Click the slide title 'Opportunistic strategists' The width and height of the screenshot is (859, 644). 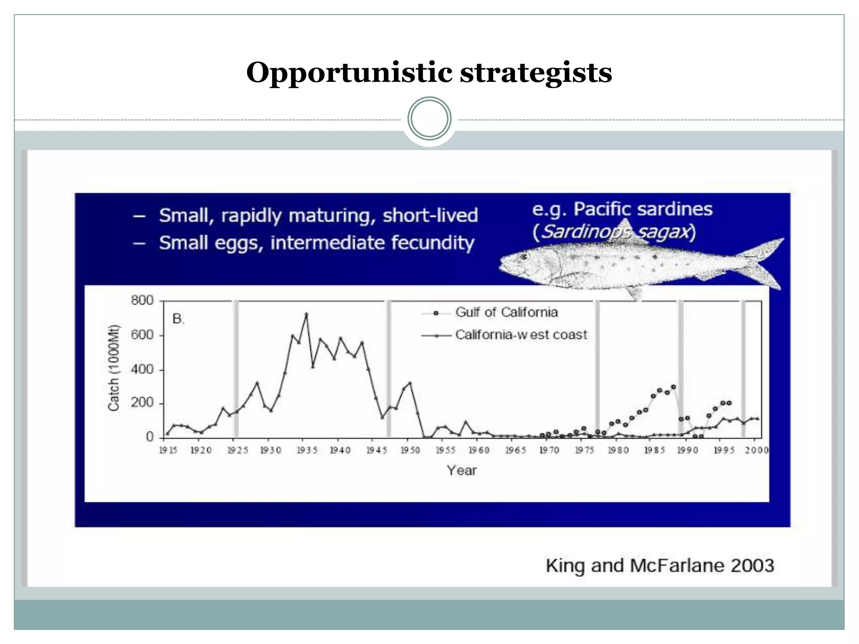pos(429,72)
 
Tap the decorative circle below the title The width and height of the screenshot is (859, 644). pos(429,119)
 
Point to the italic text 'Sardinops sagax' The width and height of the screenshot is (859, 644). pos(615,231)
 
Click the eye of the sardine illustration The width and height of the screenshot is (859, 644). pos(523,256)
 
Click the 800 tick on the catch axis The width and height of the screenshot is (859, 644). pos(143,301)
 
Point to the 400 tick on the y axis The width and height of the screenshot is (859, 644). pos(143,369)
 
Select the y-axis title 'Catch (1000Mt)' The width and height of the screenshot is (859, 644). pos(114,368)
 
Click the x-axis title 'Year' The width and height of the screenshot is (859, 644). pos(461,470)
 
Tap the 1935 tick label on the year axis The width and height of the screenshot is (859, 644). pos(307,450)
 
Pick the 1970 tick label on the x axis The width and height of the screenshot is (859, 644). pos(549,450)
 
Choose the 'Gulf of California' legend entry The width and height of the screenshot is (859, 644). pos(506,312)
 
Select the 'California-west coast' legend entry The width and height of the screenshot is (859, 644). pos(521,335)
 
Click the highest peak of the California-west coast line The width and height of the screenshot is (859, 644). pos(306,314)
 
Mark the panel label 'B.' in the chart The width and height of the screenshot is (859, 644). pos(178,319)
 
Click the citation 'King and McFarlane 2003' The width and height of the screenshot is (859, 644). pos(659,566)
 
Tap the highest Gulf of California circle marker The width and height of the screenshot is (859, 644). pos(673,387)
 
